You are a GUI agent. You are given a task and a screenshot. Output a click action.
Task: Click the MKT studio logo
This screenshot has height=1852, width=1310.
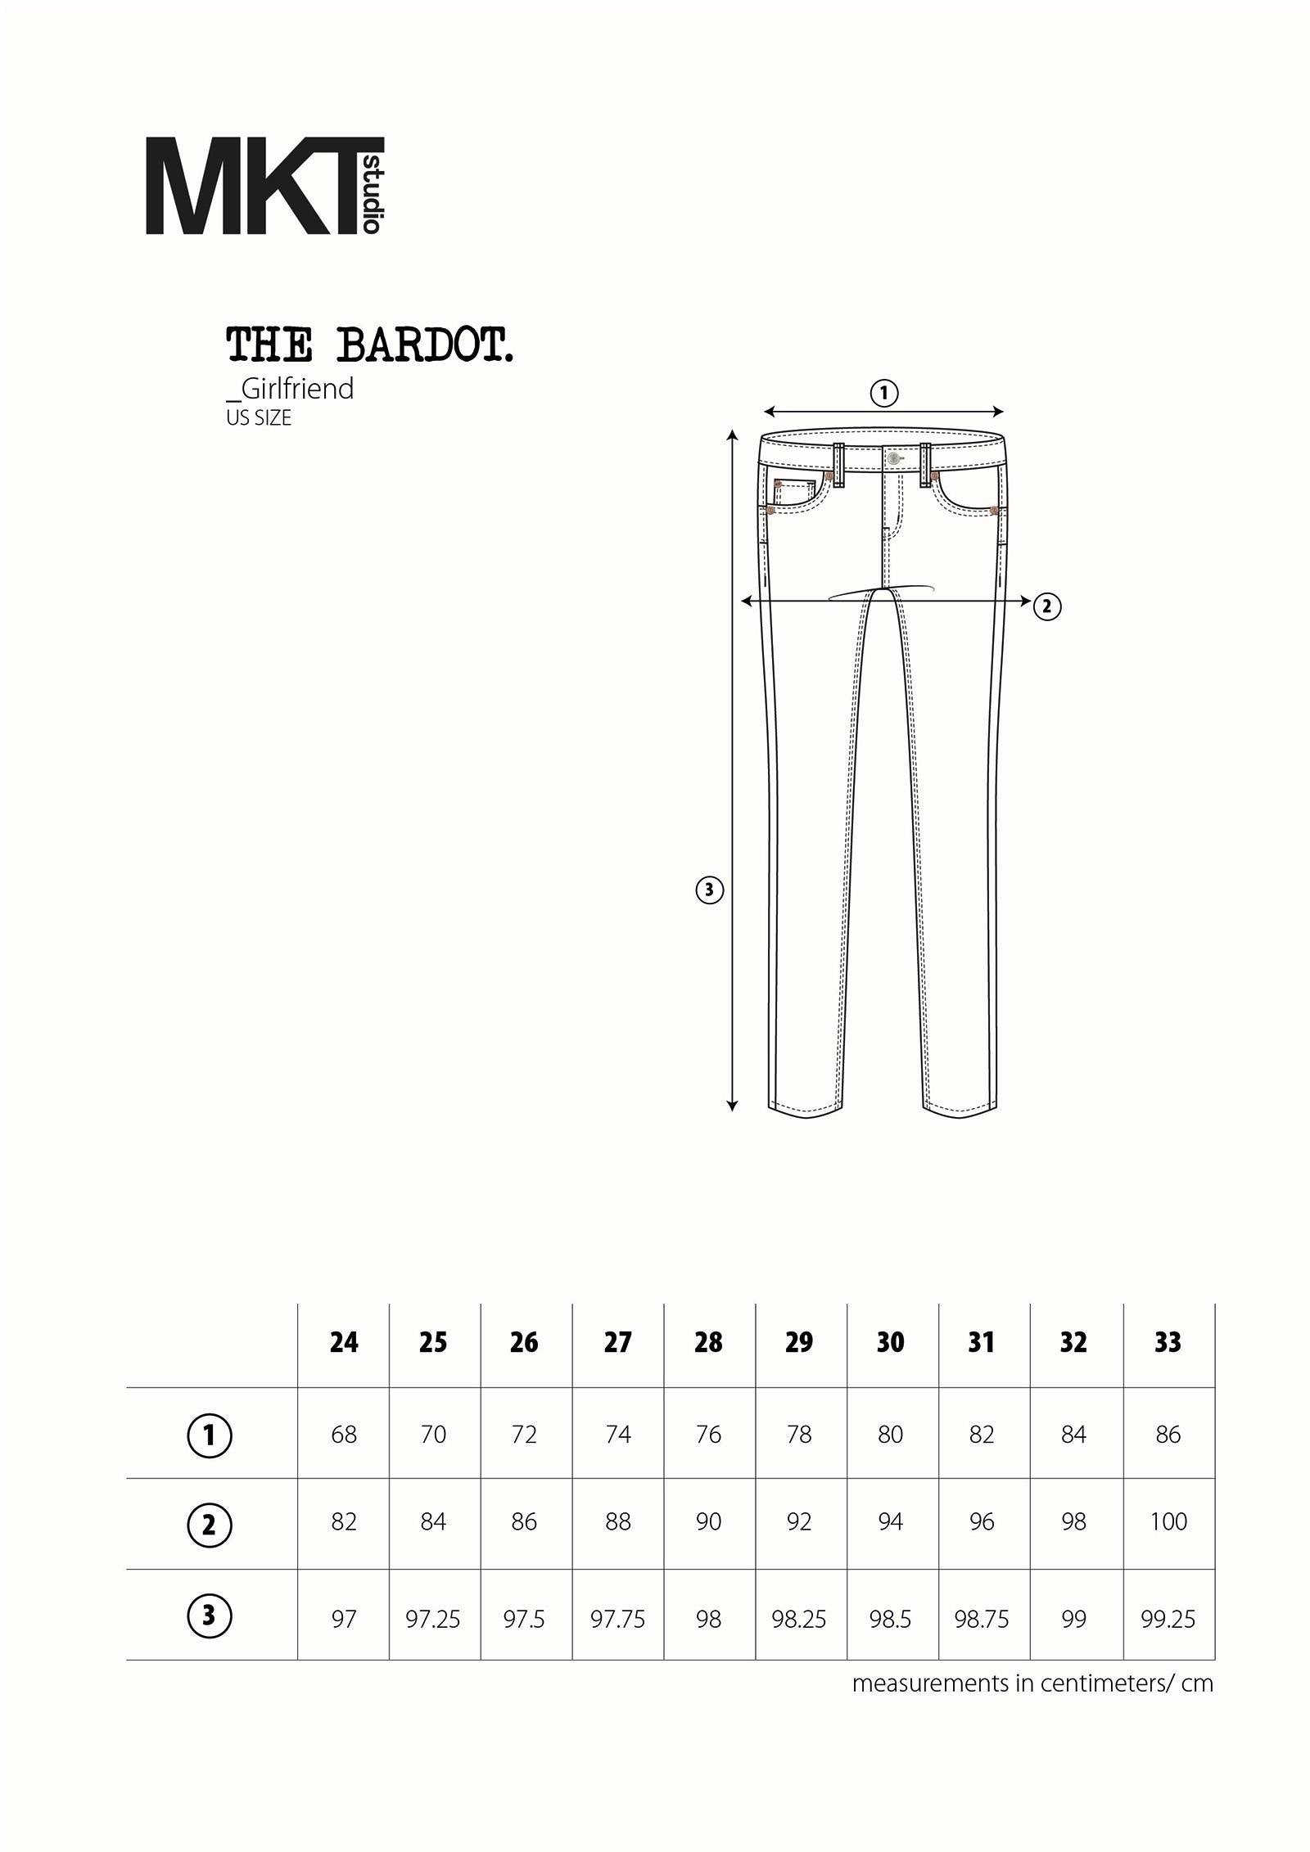pos(264,186)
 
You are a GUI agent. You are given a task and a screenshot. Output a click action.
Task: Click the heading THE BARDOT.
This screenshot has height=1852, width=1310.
pos(369,345)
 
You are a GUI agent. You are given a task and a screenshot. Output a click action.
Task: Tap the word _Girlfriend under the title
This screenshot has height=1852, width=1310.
pos(290,388)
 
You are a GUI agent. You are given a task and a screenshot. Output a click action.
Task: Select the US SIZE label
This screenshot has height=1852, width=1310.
pos(259,417)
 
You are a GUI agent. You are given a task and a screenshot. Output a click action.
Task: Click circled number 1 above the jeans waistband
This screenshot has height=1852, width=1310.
pos(883,393)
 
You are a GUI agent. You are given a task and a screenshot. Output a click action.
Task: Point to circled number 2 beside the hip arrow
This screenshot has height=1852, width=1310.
pos(1046,606)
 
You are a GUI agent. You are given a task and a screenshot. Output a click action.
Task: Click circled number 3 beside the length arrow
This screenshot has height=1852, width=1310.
pos(709,890)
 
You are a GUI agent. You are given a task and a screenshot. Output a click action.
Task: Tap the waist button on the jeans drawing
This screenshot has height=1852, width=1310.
pos(893,458)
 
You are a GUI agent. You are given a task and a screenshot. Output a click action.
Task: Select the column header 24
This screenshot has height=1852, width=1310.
pos(344,1342)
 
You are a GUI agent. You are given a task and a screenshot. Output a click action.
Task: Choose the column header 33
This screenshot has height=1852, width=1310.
pos(1168,1342)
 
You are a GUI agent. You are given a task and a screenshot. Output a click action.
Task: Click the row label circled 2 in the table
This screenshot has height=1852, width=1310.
pos(210,1525)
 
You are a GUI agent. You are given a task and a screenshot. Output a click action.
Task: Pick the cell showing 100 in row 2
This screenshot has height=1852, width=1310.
pos(1168,1521)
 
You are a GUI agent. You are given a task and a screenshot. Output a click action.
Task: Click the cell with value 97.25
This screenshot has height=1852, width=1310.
pos(433,1619)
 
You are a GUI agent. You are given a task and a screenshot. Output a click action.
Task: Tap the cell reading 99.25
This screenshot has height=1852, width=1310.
pos(1168,1619)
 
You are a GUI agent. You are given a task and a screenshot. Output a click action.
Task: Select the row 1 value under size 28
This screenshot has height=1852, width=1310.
pos(708,1434)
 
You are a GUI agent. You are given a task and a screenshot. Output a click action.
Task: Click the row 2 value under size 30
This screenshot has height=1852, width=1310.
pos(890,1521)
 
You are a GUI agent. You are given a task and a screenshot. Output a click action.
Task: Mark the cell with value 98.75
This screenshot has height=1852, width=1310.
pos(981,1619)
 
